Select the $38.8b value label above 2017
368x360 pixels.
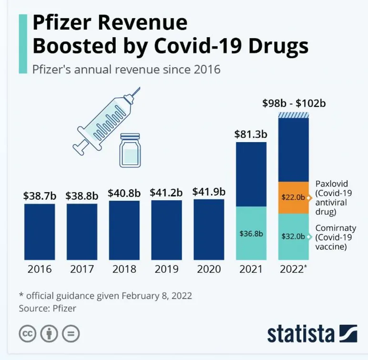(82, 195)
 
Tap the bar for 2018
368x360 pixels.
(124, 230)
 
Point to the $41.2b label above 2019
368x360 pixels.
(166, 193)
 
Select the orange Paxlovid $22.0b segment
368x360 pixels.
(293, 197)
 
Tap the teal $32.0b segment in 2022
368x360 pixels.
(293, 236)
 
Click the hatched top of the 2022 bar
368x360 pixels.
(293, 115)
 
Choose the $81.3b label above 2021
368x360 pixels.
(251, 134)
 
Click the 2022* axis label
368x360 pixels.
(293, 269)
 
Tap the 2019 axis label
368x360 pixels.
(166, 269)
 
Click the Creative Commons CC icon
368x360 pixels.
(28, 333)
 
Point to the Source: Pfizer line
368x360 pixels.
(48, 309)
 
